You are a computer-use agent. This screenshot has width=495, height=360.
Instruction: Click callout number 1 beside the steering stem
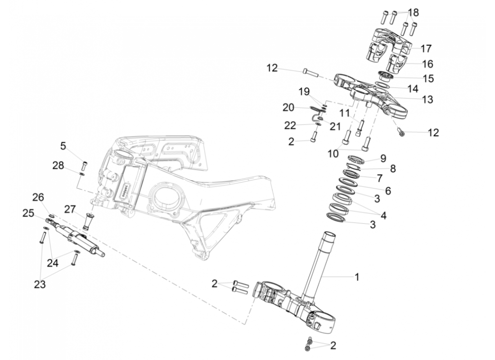[x=357, y=277]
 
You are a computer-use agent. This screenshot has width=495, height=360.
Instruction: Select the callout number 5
[x=63, y=146]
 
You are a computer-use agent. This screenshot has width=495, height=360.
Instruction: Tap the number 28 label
[x=58, y=166]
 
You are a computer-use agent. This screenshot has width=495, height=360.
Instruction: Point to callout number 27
[x=70, y=209]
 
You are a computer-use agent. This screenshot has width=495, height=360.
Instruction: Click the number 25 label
[x=29, y=212]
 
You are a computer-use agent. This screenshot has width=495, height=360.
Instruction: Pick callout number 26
[x=38, y=197]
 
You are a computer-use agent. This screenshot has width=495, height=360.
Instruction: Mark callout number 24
[x=53, y=263]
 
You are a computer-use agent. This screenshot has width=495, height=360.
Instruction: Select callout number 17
[x=426, y=48]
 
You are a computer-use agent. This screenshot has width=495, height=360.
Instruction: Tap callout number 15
[x=428, y=78]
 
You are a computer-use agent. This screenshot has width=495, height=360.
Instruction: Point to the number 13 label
[x=427, y=99]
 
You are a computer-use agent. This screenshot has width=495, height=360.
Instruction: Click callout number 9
[x=383, y=158]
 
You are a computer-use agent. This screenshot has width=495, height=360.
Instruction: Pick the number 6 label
[x=387, y=190]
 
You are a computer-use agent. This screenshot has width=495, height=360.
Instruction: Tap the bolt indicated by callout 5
[x=85, y=163]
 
